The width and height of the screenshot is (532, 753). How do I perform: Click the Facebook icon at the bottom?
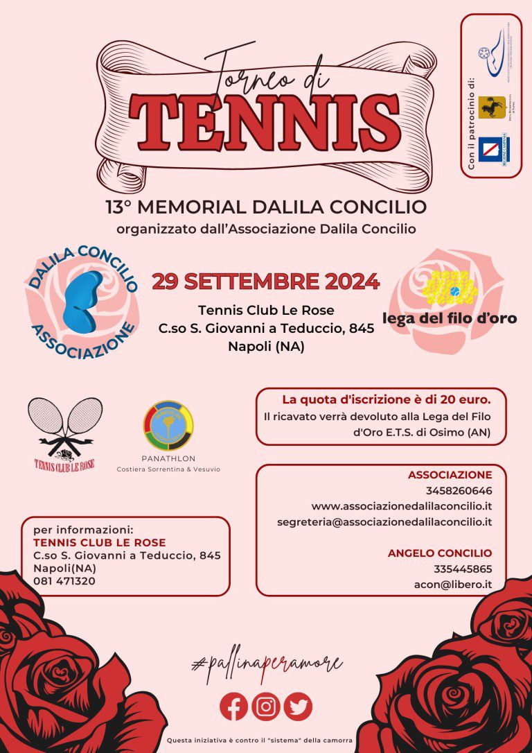(234, 707)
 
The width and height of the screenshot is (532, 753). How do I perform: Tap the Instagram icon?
(266, 707)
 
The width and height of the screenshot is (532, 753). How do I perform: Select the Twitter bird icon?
(298, 707)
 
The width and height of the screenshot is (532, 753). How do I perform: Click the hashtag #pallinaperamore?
(266, 664)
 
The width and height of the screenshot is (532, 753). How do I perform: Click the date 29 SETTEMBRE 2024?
(266, 282)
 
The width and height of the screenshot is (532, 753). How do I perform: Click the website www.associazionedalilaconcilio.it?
(402, 506)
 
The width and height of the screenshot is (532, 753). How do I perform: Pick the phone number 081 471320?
(64, 581)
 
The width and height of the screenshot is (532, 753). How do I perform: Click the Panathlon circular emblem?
(168, 426)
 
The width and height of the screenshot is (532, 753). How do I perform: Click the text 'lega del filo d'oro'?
(450, 318)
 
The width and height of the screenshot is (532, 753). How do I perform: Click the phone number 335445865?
(463, 569)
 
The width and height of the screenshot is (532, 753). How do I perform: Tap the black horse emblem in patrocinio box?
(492, 107)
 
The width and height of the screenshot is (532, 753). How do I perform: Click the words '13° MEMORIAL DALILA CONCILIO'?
(266, 207)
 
